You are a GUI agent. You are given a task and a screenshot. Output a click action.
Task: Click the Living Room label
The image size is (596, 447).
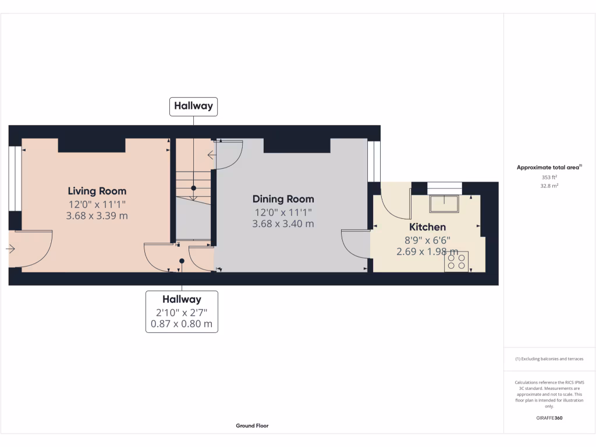[97, 191]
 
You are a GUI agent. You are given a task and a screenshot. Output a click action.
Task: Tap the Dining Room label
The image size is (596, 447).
[283, 199]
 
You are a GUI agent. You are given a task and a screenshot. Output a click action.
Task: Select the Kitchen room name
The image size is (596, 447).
[427, 227]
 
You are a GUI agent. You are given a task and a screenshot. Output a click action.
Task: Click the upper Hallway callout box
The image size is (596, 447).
[193, 107]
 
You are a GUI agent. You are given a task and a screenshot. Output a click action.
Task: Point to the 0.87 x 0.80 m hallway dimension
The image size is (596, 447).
[182, 324]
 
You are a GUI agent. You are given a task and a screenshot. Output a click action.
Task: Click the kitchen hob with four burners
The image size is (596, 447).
[456, 261]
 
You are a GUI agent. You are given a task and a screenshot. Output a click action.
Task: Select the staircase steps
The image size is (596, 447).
[194, 180]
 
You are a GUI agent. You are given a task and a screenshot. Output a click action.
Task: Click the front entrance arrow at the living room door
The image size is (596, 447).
[11, 249]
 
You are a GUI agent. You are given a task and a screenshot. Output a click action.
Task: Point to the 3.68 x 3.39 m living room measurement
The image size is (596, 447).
[97, 216]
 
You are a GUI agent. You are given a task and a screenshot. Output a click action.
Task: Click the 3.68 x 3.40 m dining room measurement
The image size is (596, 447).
[283, 223]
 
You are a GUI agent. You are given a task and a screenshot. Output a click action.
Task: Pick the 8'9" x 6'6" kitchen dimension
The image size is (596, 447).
[427, 240]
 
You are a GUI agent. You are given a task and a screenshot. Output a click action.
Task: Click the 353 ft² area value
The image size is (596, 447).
[549, 177]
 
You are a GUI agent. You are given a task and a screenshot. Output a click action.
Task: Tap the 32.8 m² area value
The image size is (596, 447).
[549, 186]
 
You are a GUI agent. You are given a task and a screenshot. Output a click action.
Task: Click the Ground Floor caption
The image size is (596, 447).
[252, 425]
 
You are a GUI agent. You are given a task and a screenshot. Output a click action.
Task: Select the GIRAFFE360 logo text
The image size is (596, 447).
[549, 418]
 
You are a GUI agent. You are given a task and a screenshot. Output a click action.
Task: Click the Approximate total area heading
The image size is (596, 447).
[549, 168]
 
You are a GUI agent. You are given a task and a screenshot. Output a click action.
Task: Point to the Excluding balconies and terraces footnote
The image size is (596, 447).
[549, 359]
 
